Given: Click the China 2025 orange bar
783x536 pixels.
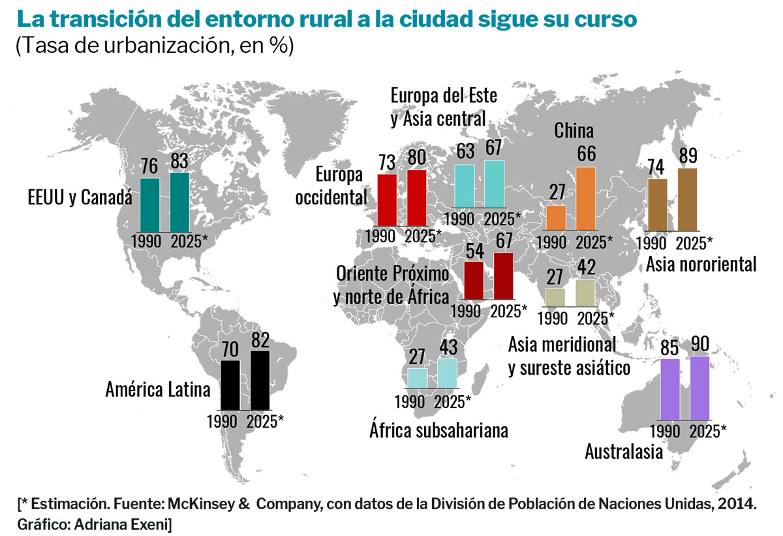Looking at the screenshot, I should [x=586, y=198].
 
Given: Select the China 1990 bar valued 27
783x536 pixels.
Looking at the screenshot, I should [x=556, y=217].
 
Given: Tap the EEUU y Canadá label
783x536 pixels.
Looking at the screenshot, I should [x=80, y=197].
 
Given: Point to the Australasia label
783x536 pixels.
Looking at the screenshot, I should [x=624, y=450].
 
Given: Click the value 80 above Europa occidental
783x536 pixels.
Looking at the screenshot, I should [x=416, y=159].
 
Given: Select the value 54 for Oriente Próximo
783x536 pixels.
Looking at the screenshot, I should [x=474, y=251].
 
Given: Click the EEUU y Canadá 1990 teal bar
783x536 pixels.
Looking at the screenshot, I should [x=150, y=204].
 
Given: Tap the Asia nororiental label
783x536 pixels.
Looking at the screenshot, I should [x=701, y=264].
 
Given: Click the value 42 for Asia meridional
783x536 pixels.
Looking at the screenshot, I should [x=585, y=268].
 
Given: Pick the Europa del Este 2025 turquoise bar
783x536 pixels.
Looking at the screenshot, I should [x=494, y=184].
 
